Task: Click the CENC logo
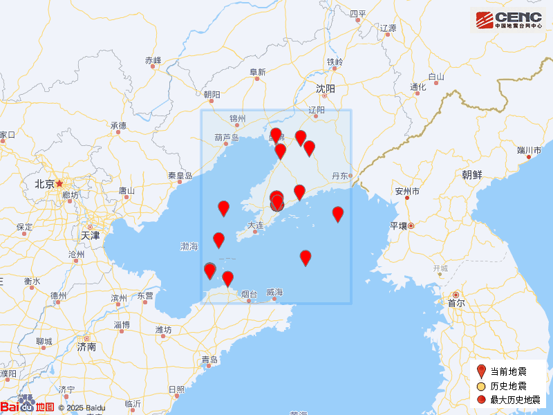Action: click(508, 19)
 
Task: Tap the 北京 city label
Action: click(44, 184)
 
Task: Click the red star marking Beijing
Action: click(60, 184)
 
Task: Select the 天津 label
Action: click(90, 235)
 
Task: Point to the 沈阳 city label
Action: click(325, 89)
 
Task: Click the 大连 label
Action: click(255, 225)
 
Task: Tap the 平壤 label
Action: click(399, 225)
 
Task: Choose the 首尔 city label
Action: click(456, 303)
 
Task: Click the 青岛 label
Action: click(209, 360)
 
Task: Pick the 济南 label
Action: click(86, 347)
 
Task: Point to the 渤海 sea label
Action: click(189, 246)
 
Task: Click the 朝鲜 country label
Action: click(472, 175)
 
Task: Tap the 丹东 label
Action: click(340, 176)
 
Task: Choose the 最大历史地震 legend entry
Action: click(515, 400)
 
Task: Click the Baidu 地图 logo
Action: click(28, 407)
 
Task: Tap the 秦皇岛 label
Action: click(180, 176)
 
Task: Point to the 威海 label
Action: click(274, 293)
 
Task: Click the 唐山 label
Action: click(126, 190)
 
